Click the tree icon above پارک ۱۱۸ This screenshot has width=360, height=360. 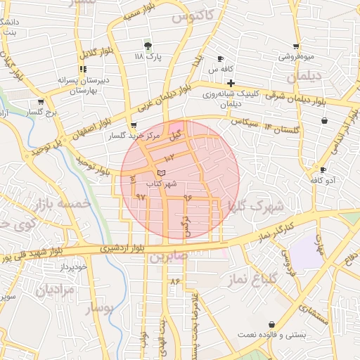(x=147, y=45)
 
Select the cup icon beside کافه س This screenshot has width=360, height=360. (x=220, y=59)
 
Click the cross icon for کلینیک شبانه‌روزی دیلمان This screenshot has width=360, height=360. (x=231, y=83)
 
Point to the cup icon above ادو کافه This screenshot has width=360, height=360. (x=323, y=170)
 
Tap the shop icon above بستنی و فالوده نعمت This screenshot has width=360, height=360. (x=271, y=324)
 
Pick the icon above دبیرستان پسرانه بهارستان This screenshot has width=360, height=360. (x=83, y=70)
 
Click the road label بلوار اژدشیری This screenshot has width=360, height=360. (x=127, y=248)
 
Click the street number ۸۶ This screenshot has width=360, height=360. (x=175, y=282)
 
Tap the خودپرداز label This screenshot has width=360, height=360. (x=72, y=268)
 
